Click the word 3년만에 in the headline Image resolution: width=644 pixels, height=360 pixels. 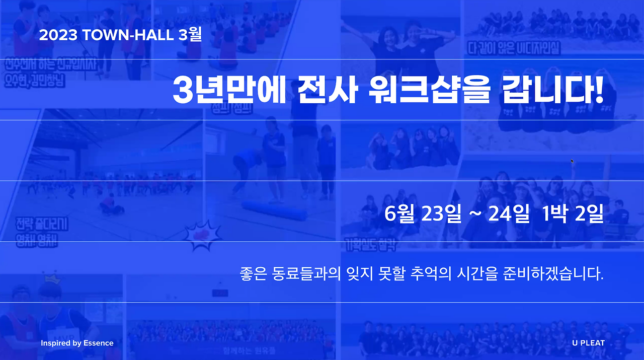pos(229,90)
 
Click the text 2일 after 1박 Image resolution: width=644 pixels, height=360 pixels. pos(589,214)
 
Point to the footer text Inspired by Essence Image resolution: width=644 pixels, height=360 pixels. pos(77,343)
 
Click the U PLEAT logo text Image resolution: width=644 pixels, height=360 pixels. pos(588,343)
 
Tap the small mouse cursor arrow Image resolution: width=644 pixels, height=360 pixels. pos(572,161)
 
